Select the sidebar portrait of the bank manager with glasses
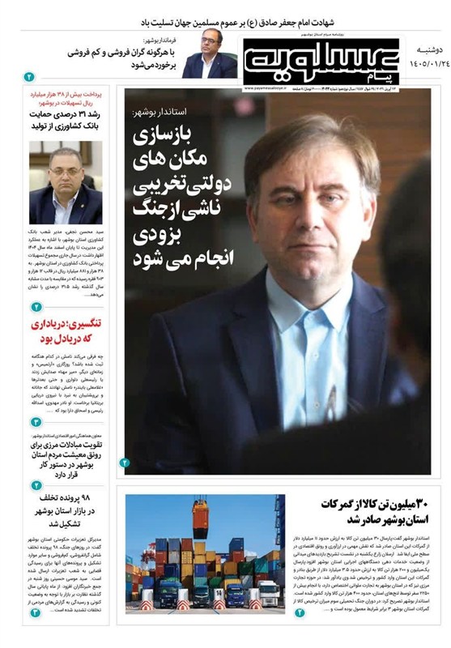coord(66,186)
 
